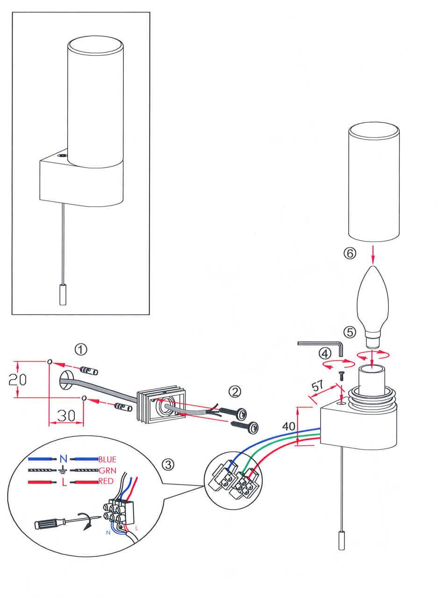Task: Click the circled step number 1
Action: (81, 349)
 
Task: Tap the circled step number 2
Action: (234, 391)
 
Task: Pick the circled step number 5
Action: (350, 332)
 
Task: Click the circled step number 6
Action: (350, 253)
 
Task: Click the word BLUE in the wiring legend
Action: (107, 459)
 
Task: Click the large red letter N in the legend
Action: (64, 459)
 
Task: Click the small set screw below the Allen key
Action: (341, 374)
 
